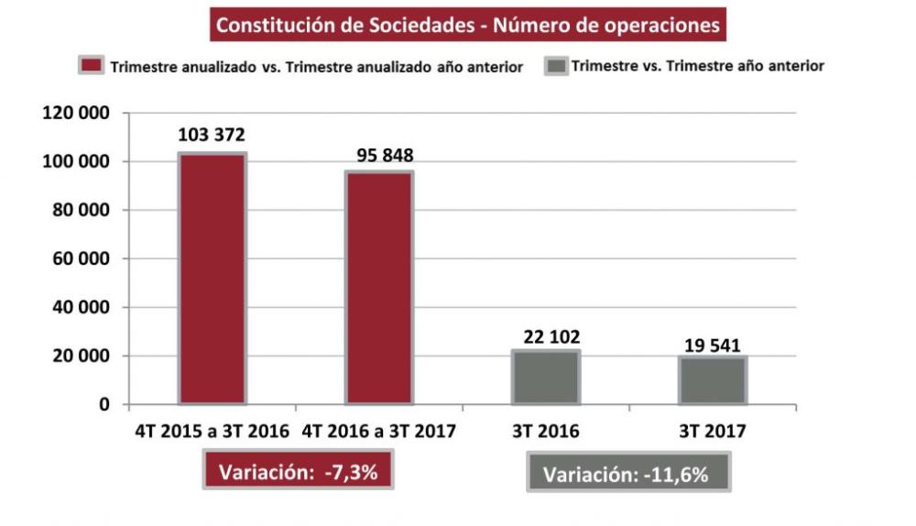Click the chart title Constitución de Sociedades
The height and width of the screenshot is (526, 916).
tap(467, 25)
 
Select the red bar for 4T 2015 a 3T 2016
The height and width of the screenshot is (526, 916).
tap(212, 279)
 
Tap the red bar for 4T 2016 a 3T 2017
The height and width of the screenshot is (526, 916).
tap(378, 288)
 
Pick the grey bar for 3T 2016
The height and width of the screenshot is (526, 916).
tap(545, 378)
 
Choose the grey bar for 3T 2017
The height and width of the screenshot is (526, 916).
tap(712, 380)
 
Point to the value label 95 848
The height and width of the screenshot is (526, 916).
tap(378, 155)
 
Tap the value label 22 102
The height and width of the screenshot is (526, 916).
tap(545, 336)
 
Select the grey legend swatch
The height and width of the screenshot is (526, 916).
tap(555, 66)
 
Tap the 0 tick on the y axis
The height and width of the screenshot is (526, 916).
tap(104, 404)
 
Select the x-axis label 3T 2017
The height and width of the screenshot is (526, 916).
tap(712, 432)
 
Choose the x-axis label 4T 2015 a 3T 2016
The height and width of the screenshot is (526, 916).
tap(212, 432)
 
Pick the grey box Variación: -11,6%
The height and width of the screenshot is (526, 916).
tap(628, 476)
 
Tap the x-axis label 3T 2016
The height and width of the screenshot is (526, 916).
tap(545, 432)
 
